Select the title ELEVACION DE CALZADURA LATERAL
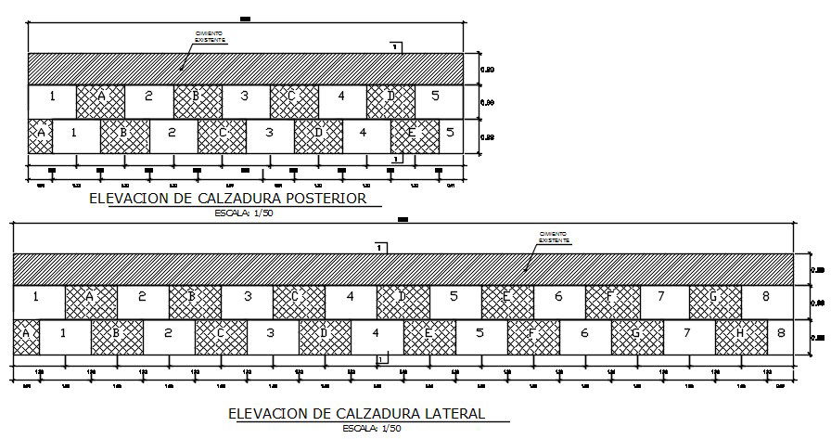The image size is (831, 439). click(x=356, y=413)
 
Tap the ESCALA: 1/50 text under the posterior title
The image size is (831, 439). click(x=243, y=213)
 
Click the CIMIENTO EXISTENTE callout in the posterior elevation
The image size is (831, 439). click(x=209, y=38)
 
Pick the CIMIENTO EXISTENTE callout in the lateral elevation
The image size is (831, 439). click(x=554, y=238)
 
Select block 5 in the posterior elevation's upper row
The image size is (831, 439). click(x=440, y=96)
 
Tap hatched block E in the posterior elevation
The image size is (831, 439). click(x=414, y=133)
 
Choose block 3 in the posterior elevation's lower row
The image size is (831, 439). click(x=269, y=133)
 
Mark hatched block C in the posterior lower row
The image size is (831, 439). click(x=222, y=133)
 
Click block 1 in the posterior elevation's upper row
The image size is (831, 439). click(x=52, y=96)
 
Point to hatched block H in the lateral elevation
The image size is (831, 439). click(x=740, y=332)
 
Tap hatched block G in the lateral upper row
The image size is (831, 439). click(x=714, y=297)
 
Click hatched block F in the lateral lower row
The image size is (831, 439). click(x=532, y=332)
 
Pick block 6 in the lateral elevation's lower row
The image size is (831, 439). click(x=584, y=332)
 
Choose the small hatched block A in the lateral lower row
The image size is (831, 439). click(x=25, y=332)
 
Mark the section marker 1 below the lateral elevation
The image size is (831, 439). click(x=380, y=358)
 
